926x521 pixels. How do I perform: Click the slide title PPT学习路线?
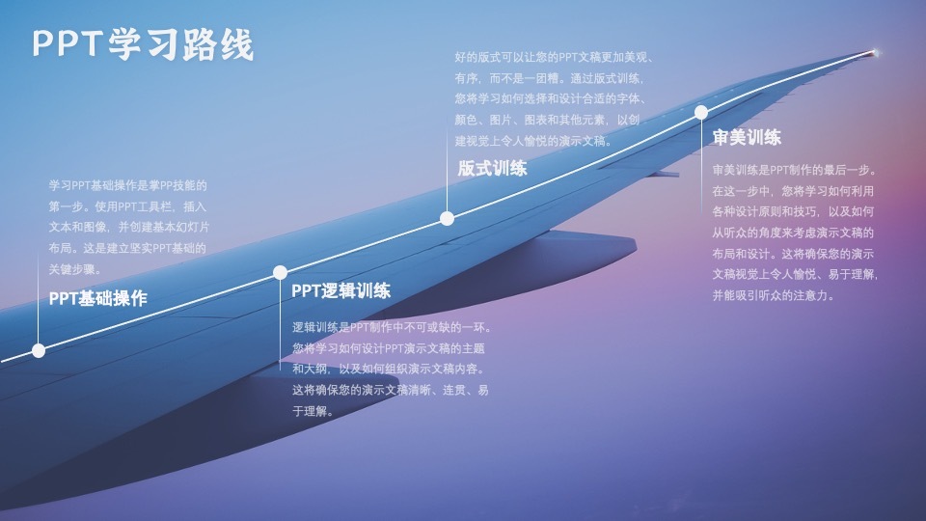[143, 44]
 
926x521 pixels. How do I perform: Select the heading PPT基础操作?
[98, 299]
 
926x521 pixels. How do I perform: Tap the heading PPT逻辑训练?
[341, 291]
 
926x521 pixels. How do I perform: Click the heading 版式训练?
[493, 169]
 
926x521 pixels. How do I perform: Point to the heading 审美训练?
[747, 137]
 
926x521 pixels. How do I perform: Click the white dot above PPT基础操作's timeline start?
[39, 350]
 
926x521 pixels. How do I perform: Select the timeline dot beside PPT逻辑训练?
[280, 272]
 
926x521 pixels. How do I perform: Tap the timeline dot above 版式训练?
[447, 218]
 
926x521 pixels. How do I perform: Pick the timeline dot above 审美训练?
[701, 112]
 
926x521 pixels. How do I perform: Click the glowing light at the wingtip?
[875, 52]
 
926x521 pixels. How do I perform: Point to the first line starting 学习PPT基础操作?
[128, 185]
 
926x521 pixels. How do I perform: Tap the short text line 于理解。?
[313, 412]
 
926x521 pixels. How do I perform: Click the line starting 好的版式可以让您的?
[555, 57]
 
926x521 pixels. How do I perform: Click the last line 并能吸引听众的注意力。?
[772, 296]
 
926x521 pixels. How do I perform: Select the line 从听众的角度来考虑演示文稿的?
[793, 233]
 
